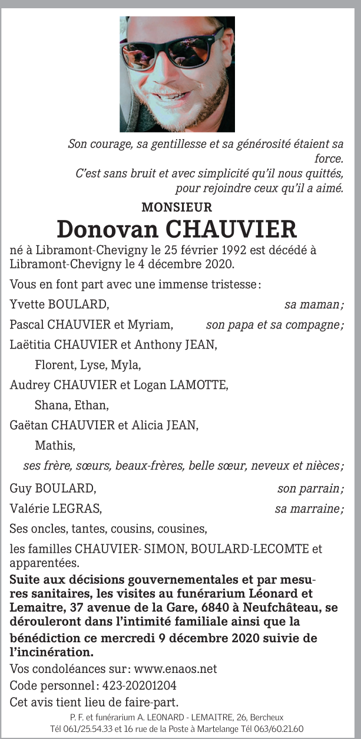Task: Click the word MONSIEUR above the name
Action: [x=177, y=207]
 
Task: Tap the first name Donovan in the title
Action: [x=107, y=229]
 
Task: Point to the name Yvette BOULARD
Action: [x=59, y=304]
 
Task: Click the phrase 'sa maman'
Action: [x=313, y=304]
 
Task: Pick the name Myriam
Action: [x=154, y=324]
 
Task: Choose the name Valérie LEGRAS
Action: [x=55, y=508]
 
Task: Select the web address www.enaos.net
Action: [x=175, y=669]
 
